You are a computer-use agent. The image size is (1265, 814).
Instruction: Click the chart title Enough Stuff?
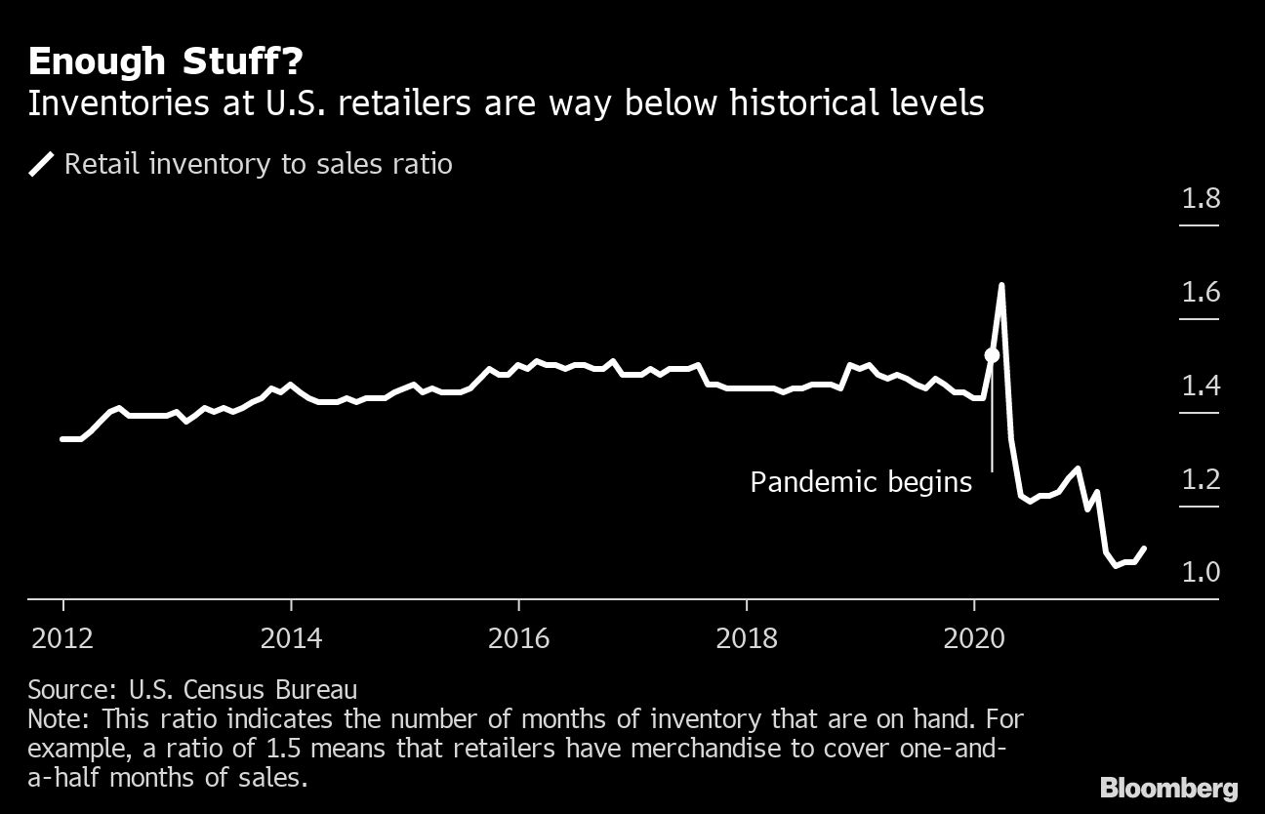(165, 62)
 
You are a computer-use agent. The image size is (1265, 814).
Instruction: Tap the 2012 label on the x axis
(62, 640)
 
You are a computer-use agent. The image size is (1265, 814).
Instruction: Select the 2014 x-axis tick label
(291, 640)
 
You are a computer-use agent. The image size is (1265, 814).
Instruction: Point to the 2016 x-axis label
(519, 640)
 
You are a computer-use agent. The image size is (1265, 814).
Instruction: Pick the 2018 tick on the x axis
(747, 640)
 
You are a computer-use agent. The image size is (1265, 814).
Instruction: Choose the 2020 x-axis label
(974, 640)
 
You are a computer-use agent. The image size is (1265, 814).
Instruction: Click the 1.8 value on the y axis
(1201, 200)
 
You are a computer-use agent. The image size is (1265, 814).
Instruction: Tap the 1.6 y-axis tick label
(1201, 293)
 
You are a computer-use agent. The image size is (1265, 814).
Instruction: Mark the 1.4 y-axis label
(1201, 387)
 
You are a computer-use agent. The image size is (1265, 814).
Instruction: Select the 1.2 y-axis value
(1201, 480)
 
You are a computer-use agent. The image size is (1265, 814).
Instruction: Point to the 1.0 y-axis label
(1201, 572)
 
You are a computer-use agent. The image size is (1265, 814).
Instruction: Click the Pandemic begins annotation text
(861, 482)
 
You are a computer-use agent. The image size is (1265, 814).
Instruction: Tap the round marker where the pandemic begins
(992, 356)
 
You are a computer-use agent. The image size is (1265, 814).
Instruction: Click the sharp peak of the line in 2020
(1001, 285)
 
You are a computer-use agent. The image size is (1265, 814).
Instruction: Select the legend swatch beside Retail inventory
(41, 164)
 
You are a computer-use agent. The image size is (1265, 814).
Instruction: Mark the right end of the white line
(1144, 549)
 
